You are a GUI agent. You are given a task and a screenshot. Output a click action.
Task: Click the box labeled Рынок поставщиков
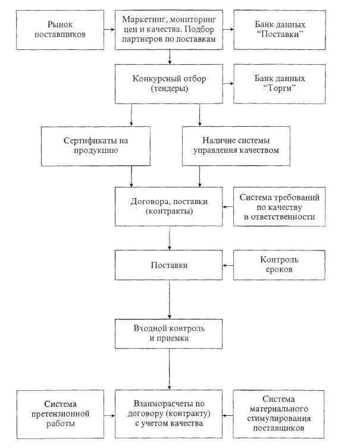coord(60,30)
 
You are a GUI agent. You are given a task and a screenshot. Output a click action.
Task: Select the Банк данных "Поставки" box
coord(280,30)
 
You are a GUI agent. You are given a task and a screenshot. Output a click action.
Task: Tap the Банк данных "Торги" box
coord(280,84)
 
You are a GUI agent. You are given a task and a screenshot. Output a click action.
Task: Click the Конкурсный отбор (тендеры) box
coord(169,84)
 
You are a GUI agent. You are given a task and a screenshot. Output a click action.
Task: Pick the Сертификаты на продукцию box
coord(96,146)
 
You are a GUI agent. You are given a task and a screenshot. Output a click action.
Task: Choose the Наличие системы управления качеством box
coord(236,146)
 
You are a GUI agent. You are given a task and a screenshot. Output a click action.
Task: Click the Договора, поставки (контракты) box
coord(169,206)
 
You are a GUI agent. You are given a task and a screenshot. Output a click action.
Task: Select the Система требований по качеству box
coord(279,207)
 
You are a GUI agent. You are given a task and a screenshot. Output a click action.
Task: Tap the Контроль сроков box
coord(279,265)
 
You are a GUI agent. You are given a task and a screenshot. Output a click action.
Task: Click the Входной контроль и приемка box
coord(169,334)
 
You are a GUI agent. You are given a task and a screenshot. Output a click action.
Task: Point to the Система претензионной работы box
coord(60,414)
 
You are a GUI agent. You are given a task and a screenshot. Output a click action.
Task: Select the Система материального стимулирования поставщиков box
coord(278,414)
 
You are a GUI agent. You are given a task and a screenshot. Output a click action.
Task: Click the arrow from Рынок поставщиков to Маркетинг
coord(109,29)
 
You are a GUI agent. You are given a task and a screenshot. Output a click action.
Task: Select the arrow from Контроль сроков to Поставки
coord(228,265)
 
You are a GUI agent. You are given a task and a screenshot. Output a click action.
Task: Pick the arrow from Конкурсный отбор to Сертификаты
coord(132,115)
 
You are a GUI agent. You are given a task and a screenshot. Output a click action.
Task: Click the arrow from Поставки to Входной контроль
coord(170,299)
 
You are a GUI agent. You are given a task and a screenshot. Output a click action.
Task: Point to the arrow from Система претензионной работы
coord(109,415)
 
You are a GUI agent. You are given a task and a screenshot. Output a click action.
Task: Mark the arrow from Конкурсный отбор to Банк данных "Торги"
coord(228,83)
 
